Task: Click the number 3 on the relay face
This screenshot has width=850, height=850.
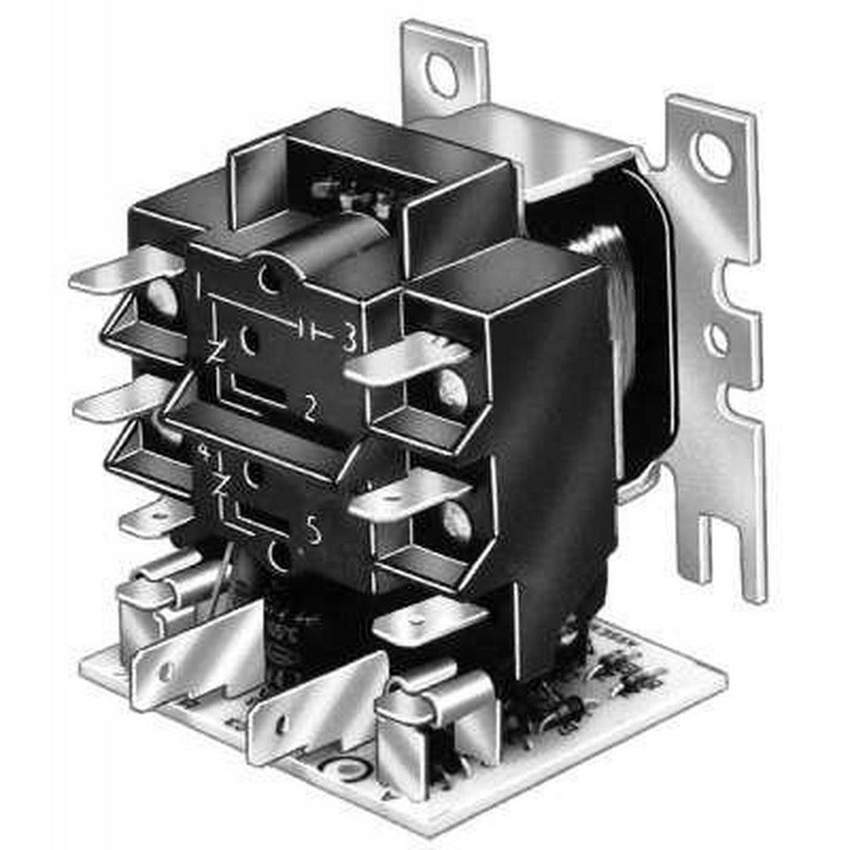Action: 348,339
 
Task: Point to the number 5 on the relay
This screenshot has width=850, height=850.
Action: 314,531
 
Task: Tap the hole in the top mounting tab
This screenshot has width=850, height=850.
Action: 442,75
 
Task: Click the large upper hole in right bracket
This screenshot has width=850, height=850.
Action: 712,155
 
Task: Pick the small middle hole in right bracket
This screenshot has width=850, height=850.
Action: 718,339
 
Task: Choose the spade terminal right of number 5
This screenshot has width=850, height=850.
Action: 408,497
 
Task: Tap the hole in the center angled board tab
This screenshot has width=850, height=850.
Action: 281,723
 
